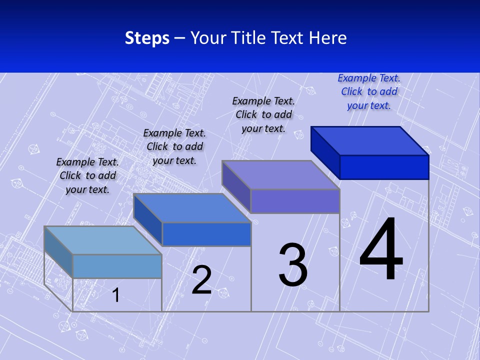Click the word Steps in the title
[147, 38]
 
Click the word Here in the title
[328, 38]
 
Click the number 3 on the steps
[293, 265]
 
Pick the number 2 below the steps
[201, 280]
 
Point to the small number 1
[116, 295]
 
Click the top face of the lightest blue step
[103, 240]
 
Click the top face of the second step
[192, 208]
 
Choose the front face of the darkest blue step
[384, 167]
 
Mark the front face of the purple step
[295, 201]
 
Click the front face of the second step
[206, 234]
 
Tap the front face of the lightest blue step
[117, 266]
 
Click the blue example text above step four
[369, 91]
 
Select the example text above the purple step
[263, 114]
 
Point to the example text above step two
[174, 146]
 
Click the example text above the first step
[87, 175]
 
